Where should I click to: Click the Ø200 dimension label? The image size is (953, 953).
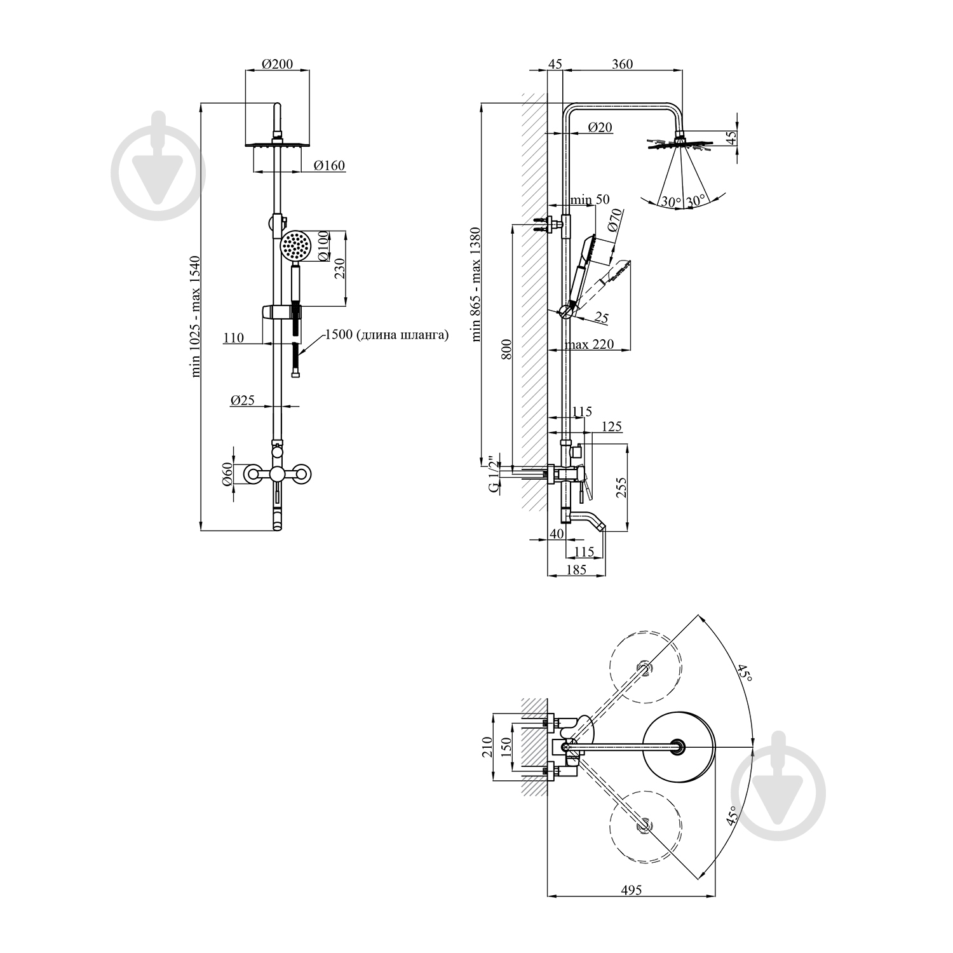276,64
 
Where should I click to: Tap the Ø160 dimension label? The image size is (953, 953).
330,166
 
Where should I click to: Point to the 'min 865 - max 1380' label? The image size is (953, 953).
477,284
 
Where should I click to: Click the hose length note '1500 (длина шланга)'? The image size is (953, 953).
386,335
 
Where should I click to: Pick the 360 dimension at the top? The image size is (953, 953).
622,64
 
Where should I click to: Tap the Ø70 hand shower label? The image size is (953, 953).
614,220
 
